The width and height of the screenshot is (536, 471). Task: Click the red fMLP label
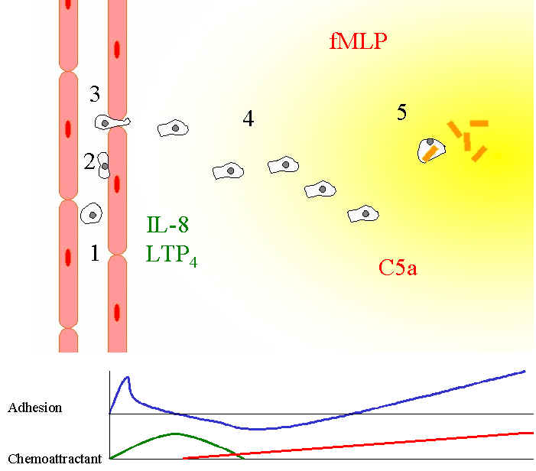(x=359, y=39)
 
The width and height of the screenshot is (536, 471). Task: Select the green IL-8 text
(x=167, y=226)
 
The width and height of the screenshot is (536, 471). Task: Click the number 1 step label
(x=94, y=254)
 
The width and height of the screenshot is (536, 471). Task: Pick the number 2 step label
(x=89, y=161)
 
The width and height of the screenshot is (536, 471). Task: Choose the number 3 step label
(x=94, y=95)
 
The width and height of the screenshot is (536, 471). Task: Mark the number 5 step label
(x=401, y=113)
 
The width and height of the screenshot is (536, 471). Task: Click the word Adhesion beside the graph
(x=34, y=408)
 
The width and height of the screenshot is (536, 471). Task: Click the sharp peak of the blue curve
(x=127, y=377)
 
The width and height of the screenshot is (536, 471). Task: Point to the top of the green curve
(x=175, y=434)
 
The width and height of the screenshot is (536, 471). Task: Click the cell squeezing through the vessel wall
(x=112, y=122)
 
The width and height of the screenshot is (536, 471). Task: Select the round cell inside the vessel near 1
(x=92, y=213)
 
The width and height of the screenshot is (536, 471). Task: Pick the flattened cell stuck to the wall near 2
(x=104, y=164)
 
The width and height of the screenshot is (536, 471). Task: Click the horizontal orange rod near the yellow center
(x=479, y=123)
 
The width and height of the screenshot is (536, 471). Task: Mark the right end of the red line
(x=531, y=433)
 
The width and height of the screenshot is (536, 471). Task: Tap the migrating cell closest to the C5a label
(x=364, y=215)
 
